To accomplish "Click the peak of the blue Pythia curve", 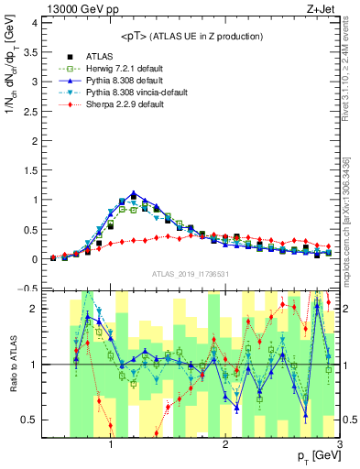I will [134, 194].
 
